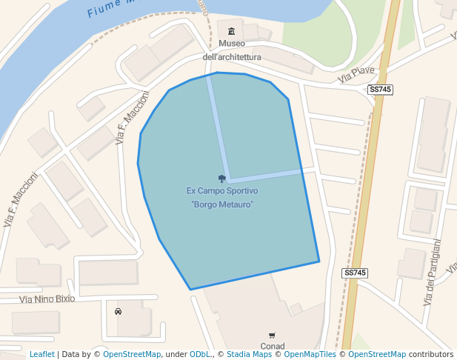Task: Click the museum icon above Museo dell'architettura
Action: click(232, 31)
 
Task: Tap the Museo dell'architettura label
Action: click(232, 50)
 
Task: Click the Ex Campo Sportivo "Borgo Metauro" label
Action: click(222, 197)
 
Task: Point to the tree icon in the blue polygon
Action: click(221, 179)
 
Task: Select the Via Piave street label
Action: click(356, 74)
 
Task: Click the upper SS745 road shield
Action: click(380, 90)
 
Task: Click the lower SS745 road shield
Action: click(356, 273)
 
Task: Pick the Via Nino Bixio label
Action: click(47, 299)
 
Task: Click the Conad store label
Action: click(273, 346)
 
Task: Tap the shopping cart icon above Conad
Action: click(272, 336)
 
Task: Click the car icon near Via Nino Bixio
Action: click(118, 312)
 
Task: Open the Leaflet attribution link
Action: click(42, 355)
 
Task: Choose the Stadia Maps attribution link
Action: click(249, 355)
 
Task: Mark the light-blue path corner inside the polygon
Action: click(229, 179)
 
